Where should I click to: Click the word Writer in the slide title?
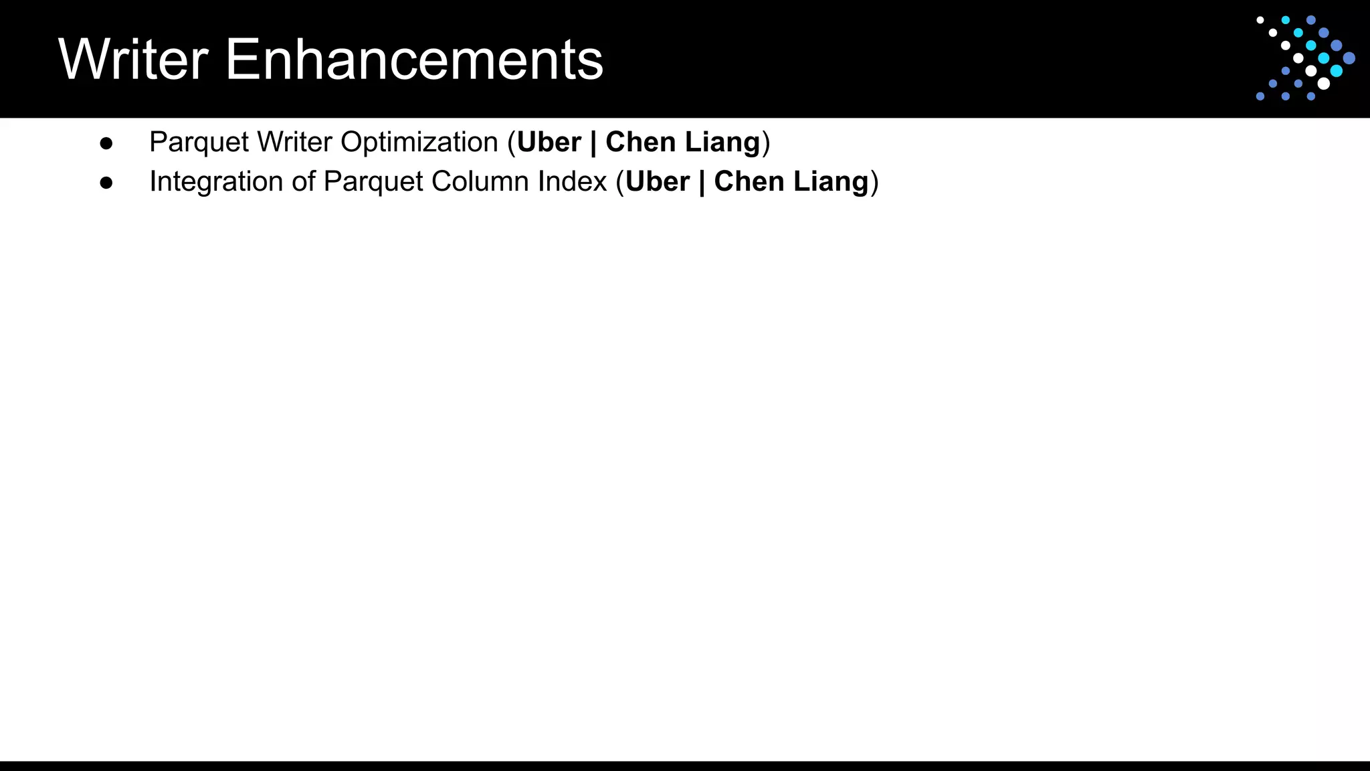click(134, 60)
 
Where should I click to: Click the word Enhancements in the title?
click(414, 60)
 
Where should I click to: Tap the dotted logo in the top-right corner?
click(1304, 58)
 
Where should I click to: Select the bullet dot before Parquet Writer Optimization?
click(106, 143)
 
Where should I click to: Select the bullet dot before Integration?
click(106, 183)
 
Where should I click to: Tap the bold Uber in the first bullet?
click(549, 143)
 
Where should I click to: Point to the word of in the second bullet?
click(303, 182)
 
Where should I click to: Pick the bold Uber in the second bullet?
click(658, 182)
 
